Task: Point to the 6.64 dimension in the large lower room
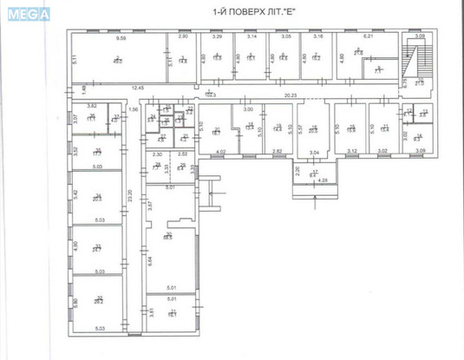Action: tap(149, 259)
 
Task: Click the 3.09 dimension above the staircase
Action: tap(419, 36)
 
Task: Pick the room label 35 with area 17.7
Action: tap(98, 153)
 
